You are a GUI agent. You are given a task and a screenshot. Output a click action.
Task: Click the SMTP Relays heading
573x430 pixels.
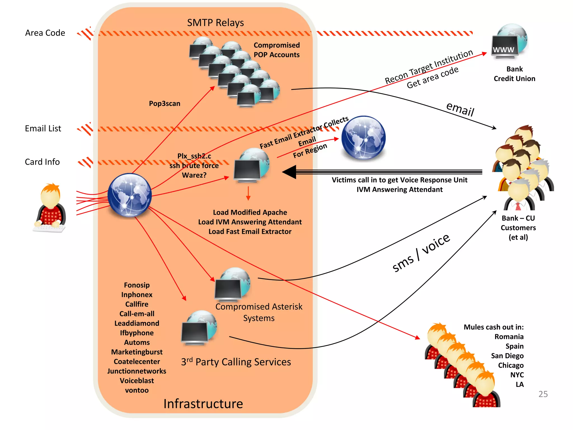(x=215, y=23)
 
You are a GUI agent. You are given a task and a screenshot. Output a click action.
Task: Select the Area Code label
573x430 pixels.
(x=45, y=33)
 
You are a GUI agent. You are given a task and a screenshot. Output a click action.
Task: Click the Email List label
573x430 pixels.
(x=43, y=128)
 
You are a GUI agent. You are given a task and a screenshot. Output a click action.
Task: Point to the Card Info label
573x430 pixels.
(x=42, y=162)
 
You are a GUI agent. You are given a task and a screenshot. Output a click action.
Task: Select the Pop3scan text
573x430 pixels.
(x=165, y=104)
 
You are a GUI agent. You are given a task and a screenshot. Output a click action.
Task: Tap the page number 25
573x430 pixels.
(x=543, y=394)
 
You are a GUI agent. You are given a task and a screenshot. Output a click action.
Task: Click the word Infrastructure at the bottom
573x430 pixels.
(x=203, y=404)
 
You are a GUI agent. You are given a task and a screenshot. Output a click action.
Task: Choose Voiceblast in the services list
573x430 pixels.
(x=137, y=381)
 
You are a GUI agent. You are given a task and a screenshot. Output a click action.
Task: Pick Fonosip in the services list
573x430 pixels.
(x=137, y=285)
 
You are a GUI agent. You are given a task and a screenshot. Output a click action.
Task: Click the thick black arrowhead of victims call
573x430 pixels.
(x=290, y=172)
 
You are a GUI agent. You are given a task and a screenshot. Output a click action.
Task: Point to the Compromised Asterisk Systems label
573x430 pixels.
(x=259, y=312)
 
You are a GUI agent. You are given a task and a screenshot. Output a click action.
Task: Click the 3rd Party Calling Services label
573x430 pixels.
(x=236, y=362)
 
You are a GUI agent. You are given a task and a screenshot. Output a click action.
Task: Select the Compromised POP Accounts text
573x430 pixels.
(x=276, y=50)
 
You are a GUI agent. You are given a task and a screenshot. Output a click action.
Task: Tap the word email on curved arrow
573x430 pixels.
(x=460, y=109)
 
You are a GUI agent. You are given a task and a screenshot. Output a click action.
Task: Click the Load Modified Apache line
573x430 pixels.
(x=250, y=212)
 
